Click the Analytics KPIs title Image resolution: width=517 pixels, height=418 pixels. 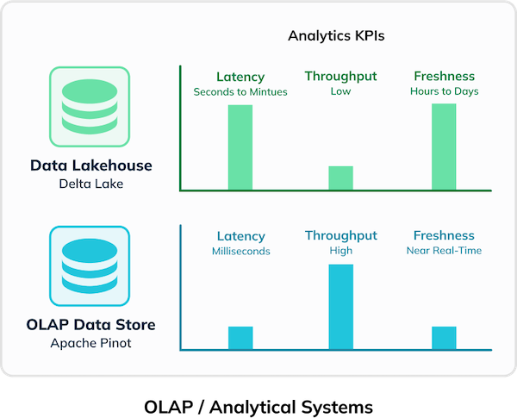[x=335, y=37]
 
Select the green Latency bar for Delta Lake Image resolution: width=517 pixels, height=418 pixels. [x=240, y=147]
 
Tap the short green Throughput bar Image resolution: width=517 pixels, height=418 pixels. [x=341, y=178]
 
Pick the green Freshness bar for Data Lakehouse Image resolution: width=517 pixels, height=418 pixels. [x=444, y=147]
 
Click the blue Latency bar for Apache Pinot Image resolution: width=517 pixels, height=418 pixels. [x=240, y=338]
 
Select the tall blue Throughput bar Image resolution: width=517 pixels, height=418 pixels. [x=341, y=307]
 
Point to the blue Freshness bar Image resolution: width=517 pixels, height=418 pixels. [x=444, y=338]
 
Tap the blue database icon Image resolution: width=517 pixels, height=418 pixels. [x=90, y=265]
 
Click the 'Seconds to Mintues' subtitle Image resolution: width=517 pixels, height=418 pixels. [x=240, y=91]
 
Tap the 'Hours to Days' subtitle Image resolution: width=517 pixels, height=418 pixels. [x=444, y=91]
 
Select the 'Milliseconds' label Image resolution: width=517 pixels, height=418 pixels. [x=240, y=251]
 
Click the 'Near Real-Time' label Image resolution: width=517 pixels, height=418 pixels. [x=444, y=251]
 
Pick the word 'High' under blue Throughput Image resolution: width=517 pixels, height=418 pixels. [x=341, y=251]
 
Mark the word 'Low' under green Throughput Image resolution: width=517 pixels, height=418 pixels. [x=341, y=91]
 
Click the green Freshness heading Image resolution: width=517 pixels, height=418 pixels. [x=444, y=77]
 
